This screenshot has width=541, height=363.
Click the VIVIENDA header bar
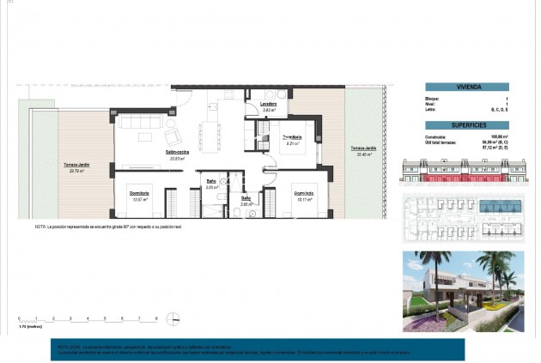(x=467, y=87)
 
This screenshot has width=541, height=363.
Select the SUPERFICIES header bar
(x=467, y=124)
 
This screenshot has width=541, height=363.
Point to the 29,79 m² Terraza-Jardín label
(x=76, y=166)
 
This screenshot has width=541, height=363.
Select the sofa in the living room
(x=134, y=123)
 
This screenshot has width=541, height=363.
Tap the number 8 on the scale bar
(x=155, y=318)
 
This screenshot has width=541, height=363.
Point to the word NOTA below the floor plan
(x=40, y=227)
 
